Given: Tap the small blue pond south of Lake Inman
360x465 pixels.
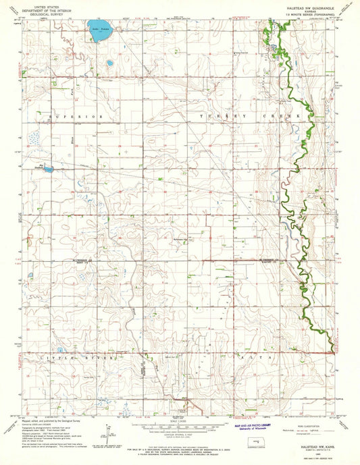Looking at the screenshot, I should tap(109, 63).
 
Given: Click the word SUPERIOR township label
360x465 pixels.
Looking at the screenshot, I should tap(75, 117).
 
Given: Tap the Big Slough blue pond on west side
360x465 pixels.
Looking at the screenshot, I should tap(47, 169).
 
